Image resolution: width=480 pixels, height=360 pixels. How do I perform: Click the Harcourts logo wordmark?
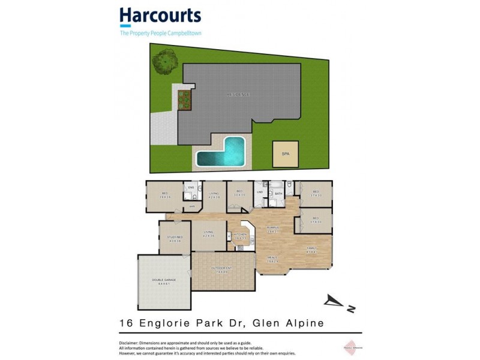pos(160,16)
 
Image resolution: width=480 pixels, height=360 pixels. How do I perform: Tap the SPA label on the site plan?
pos(284,154)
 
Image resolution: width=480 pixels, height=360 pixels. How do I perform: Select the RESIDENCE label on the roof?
pos(238,95)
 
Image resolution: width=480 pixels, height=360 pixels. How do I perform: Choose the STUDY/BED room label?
pos(175,239)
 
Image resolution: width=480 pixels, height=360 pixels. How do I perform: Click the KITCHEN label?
pos(240,235)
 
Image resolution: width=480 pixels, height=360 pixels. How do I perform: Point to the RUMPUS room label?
pos(273,229)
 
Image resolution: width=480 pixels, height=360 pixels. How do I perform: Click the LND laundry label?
pos(260,192)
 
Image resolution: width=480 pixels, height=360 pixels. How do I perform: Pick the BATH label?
pos(278,194)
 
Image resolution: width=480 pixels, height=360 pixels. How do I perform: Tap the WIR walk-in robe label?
pos(193,206)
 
